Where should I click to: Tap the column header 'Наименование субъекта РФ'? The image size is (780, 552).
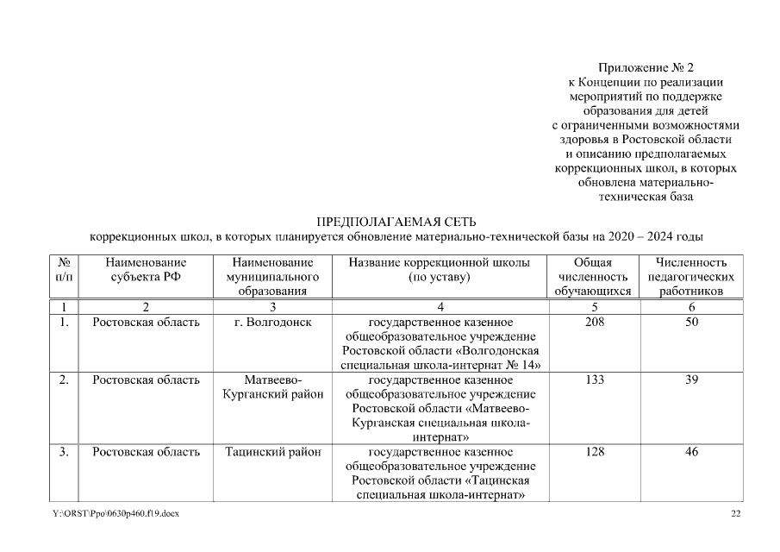tap(146, 270)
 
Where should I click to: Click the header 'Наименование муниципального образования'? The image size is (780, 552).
tap(272, 277)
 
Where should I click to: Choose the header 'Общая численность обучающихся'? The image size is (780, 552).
tap(593, 277)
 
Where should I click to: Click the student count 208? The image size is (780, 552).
tap(593, 323)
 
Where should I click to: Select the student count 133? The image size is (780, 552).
tap(593, 379)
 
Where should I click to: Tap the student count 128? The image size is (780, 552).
tap(593, 452)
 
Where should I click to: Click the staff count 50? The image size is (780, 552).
tap(691, 323)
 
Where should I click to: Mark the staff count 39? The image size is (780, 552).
tap(691, 379)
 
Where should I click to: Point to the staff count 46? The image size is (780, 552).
tap(691, 452)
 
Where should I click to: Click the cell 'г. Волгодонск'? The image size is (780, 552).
tap(272, 323)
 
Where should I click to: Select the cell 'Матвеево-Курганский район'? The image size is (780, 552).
tap(272, 387)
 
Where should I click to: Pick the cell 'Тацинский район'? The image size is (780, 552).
tap(272, 452)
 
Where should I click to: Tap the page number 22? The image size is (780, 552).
tap(735, 514)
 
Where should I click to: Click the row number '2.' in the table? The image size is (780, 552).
tap(63, 379)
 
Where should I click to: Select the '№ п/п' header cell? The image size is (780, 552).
tap(63, 270)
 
